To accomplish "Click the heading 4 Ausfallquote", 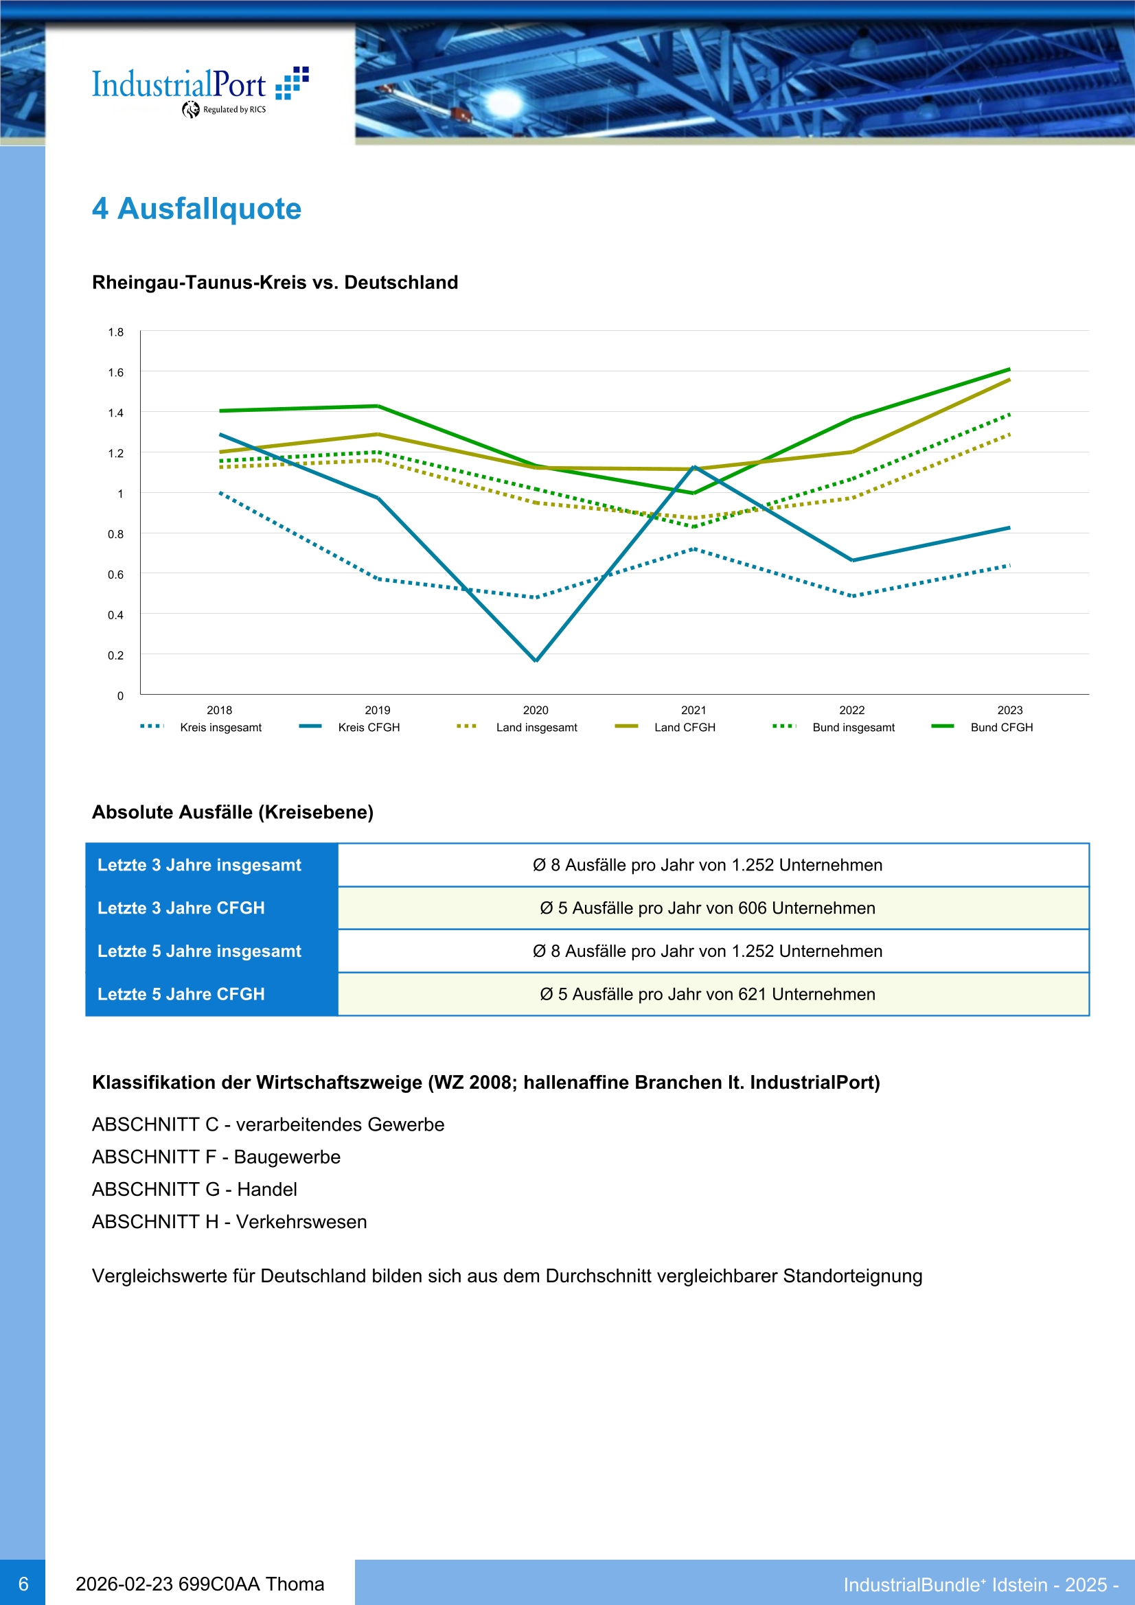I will (196, 208).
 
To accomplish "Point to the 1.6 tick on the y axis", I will (115, 373).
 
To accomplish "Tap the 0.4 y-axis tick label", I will (115, 615).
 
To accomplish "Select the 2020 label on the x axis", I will (536, 711).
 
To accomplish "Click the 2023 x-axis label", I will (1010, 711).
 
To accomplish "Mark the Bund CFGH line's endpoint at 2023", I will (1009, 369).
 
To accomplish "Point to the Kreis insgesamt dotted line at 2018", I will (220, 493).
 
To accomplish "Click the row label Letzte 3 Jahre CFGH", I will (181, 908).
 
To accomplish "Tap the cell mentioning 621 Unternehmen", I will (707, 994).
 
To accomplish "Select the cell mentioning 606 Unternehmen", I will (707, 908).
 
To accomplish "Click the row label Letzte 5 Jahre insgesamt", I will (199, 951).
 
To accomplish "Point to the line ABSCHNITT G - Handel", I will (194, 1189).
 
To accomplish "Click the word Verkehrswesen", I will (301, 1222).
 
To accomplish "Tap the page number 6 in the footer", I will (23, 1583).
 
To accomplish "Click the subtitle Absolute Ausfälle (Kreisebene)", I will (233, 812).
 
